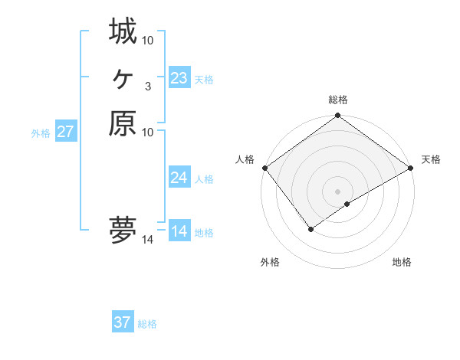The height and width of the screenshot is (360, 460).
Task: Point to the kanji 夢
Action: pos(123,230)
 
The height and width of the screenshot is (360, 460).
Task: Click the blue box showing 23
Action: pos(179,78)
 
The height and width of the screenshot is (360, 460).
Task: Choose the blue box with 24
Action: pos(179,178)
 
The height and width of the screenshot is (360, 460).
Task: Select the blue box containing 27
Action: pos(65,132)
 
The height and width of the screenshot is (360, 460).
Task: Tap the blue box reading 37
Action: pos(122,322)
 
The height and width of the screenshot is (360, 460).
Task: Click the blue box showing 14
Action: pos(179,231)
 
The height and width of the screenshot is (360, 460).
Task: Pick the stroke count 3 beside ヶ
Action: pos(147,86)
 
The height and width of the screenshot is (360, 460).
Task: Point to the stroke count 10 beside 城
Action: pos(147,40)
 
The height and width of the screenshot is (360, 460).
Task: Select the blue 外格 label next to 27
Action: pos(41,133)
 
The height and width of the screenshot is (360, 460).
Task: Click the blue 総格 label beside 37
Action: pos(147,324)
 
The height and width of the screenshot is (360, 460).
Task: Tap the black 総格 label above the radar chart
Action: pos(338,100)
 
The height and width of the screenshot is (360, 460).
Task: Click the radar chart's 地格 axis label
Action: pos(402,263)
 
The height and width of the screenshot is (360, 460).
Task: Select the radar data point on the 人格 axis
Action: pos(264,168)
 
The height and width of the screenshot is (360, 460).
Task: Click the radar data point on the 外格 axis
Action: pos(311,228)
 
